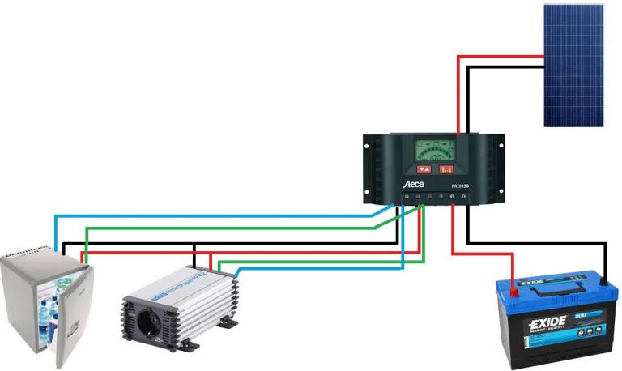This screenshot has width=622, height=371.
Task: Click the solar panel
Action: click(x=573, y=66)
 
